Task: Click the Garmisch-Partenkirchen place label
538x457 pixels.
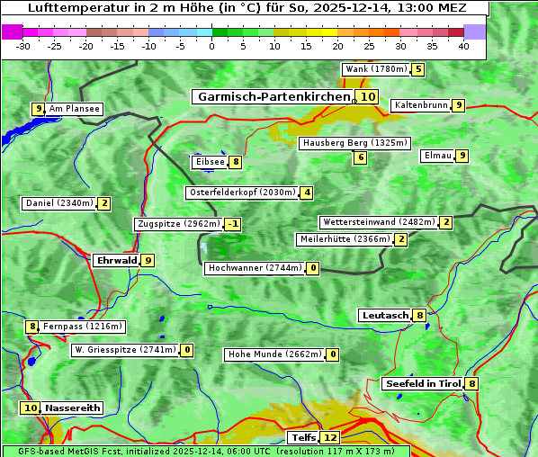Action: (273, 96)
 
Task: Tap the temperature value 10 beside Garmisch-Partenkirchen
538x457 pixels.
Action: (367, 96)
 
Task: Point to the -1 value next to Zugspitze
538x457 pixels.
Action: (233, 224)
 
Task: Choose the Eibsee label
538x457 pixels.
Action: (209, 162)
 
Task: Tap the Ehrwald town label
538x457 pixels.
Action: (116, 260)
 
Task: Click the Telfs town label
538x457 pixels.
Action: (302, 438)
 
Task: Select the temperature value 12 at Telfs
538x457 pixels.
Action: (330, 438)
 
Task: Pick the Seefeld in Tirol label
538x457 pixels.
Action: (422, 384)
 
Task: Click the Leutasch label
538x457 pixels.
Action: (384, 315)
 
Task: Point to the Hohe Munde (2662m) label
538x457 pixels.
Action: (274, 354)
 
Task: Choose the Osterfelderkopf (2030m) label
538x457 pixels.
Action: (242, 193)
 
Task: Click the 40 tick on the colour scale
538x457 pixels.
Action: (463, 46)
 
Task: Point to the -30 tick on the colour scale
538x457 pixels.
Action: (23, 46)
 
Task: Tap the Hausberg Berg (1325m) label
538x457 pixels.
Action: (354, 143)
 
